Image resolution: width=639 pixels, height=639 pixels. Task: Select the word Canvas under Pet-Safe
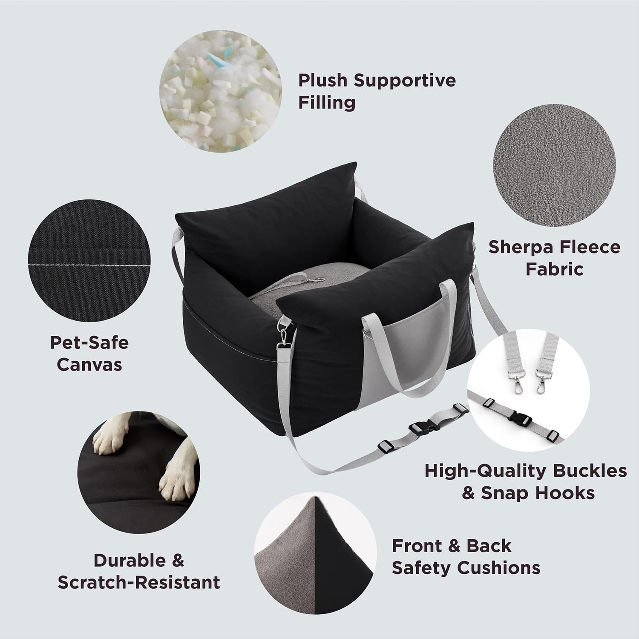click(x=89, y=365)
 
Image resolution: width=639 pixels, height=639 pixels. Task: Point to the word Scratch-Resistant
click(x=139, y=582)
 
